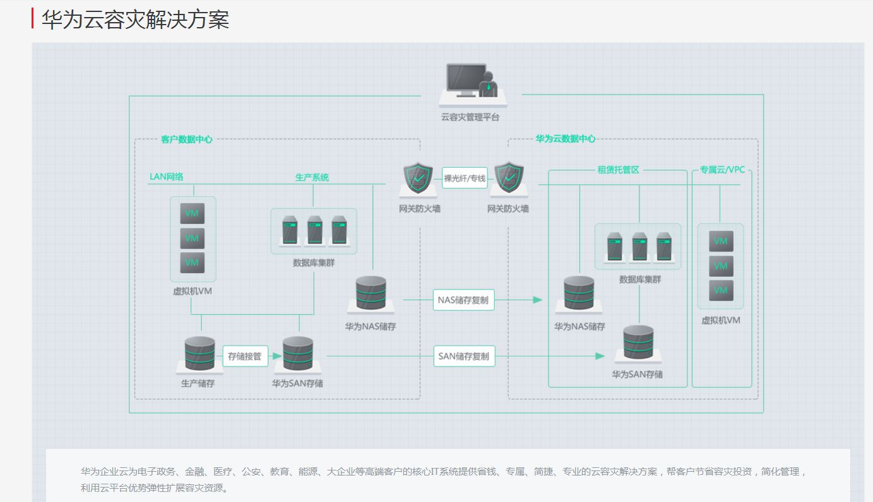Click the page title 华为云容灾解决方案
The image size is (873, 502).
coord(135,20)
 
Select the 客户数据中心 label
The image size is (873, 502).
coord(187,139)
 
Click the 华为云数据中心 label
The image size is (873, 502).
coord(566,139)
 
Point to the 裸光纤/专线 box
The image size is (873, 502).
coord(465,178)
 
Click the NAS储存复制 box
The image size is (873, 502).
coord(463,300)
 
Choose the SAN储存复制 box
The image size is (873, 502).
coord(463,356)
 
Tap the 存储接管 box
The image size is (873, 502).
coord(244,356)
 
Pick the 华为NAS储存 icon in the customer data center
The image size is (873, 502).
coord(371,294)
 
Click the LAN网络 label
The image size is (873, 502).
coord(167,177)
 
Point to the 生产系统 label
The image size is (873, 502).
coord(312,177)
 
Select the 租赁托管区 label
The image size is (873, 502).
coord(619,170)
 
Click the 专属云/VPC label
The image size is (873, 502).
coord(722,170)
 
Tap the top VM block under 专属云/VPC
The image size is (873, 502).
coord(721,241)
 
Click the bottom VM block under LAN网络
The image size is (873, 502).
coord(193,262)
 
